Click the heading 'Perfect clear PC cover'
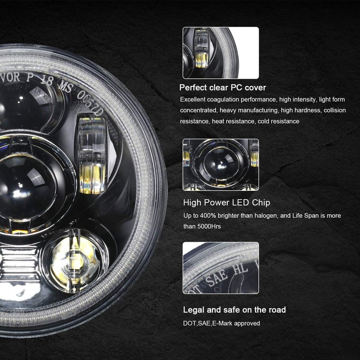pyautogui.click(x=223, y=87)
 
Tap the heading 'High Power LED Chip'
pyautogui.click(x=226, y=202)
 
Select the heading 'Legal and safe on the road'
pyautogui.click(x=234, y=310)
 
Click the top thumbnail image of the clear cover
pyautogui.click(x=220, y=53)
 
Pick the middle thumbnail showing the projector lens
pyautogui.click(x=220, y=164)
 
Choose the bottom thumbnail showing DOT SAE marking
pyautogui.click(x=220, y=269)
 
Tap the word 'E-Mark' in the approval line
pyautogui.click(x=223, y=323)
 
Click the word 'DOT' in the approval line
pyautogui.click(x=188, y=323)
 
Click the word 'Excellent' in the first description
pyautogui.click(x=193, y=99)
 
